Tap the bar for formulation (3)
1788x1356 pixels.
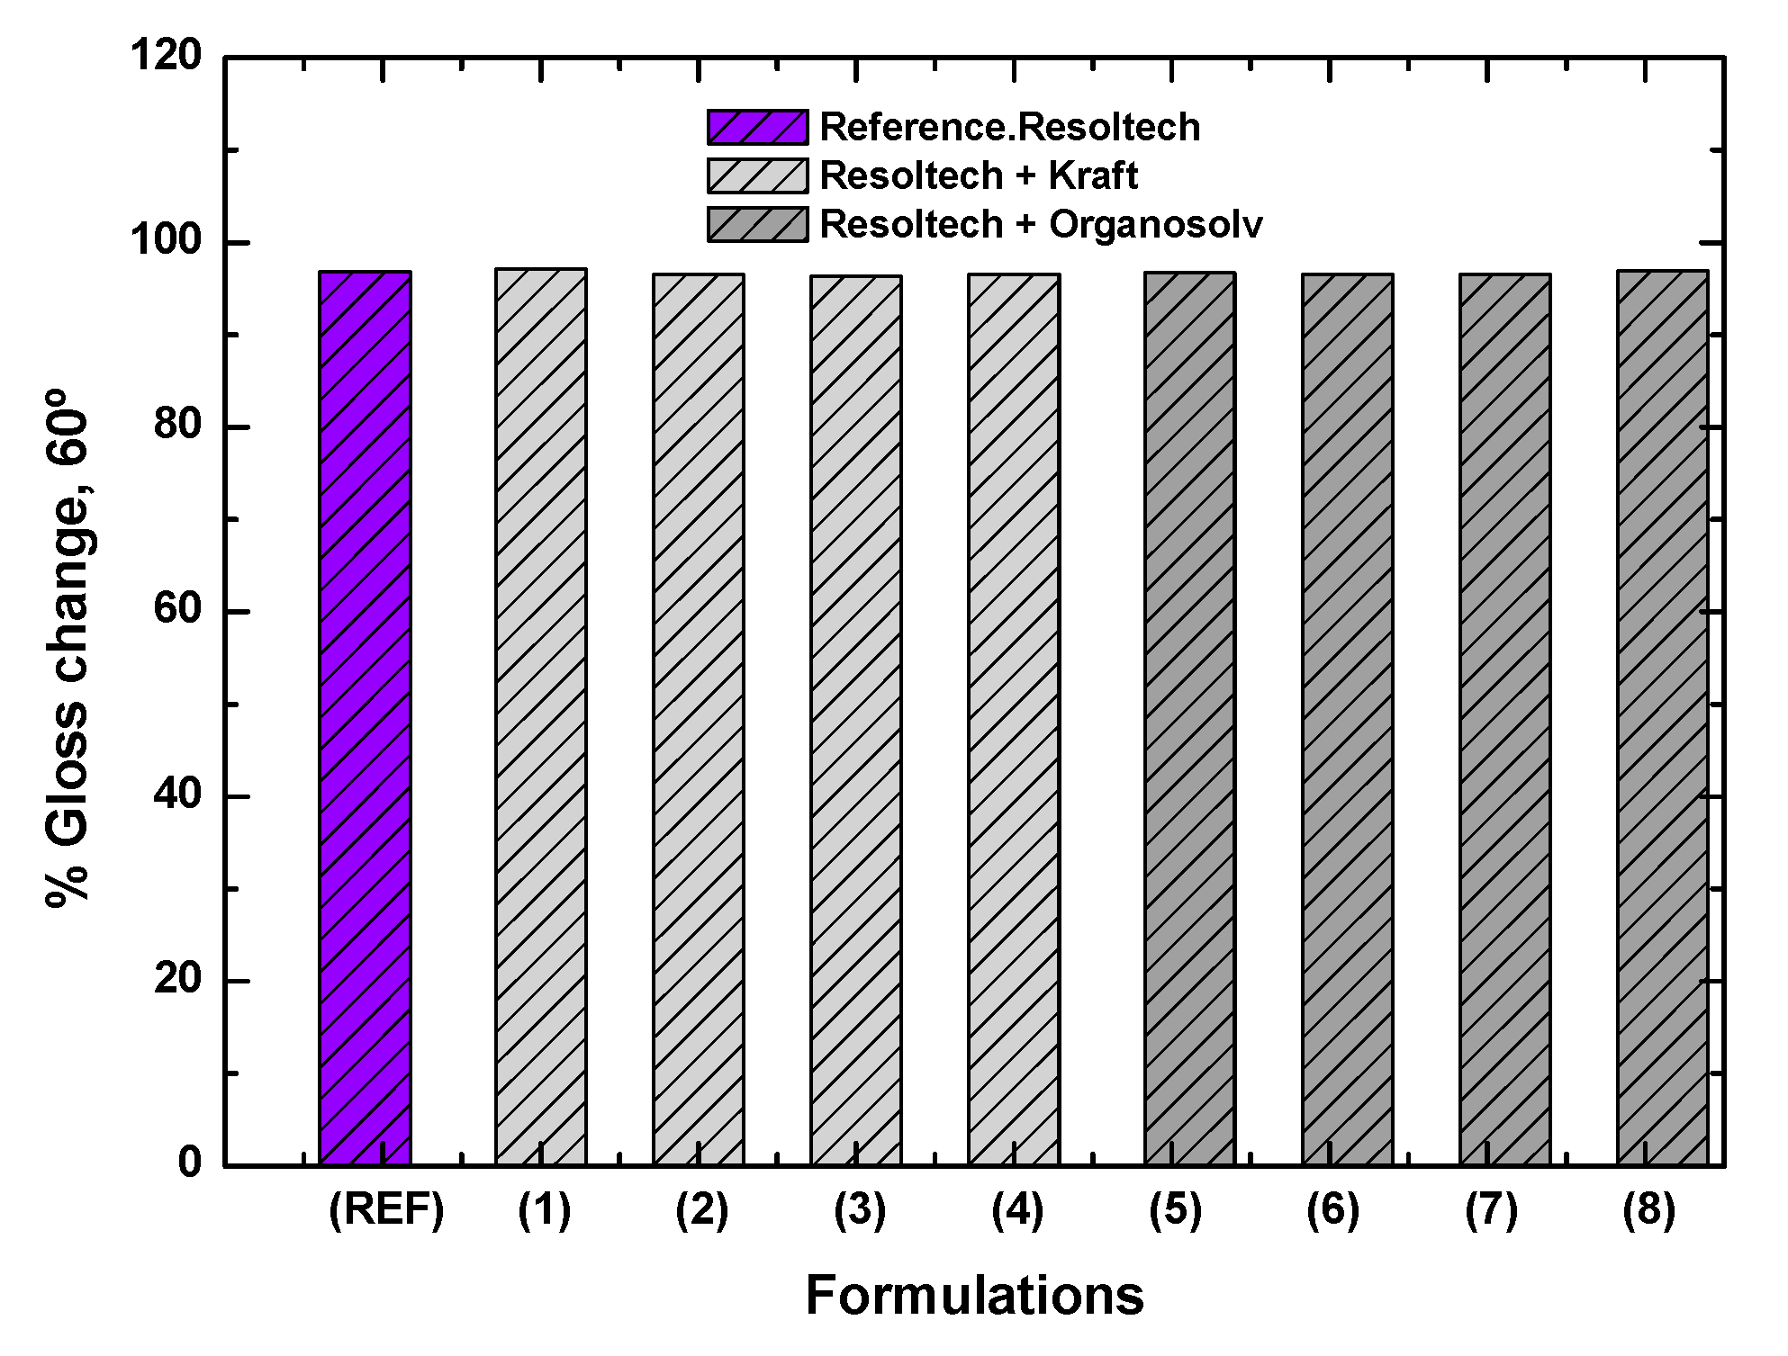click(x=856, y=721)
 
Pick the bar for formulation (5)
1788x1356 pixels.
click(x=1190, y=719)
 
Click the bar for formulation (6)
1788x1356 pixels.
click(x=1348, y=720)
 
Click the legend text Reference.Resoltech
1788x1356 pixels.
click(x=1009, y=128)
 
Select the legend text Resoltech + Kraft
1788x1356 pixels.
click(x=979, y=175)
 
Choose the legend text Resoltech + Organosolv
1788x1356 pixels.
click(x=1041, y=224)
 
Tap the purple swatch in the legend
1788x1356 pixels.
click(x=757, y=128)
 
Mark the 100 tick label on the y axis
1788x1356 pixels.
click(x=167, y=241)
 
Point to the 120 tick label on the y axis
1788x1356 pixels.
click(x=167, y=56)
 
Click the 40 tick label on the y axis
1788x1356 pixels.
click(x=177, y=795)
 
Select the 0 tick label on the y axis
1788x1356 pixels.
click(x=190, y=1163)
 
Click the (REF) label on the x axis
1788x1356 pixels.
click(x=386, y=1210)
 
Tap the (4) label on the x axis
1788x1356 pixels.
click(x=1017, y=1210)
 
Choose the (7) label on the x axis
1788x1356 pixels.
click(x=1491, y=1210)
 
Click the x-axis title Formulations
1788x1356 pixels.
click(x=974, y=1296)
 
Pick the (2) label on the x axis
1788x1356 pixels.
click(x=701, y=1210)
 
